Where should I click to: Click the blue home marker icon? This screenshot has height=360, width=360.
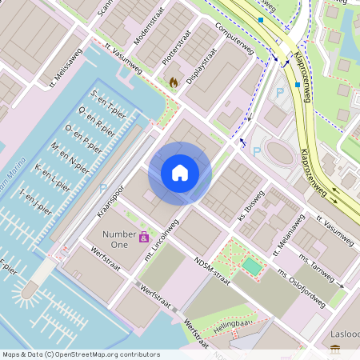[180, 172]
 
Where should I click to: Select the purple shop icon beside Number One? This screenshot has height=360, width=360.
[144, 237]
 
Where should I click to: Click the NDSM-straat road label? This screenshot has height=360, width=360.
[213, 271]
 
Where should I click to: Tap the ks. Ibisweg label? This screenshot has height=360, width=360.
[250, 207]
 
